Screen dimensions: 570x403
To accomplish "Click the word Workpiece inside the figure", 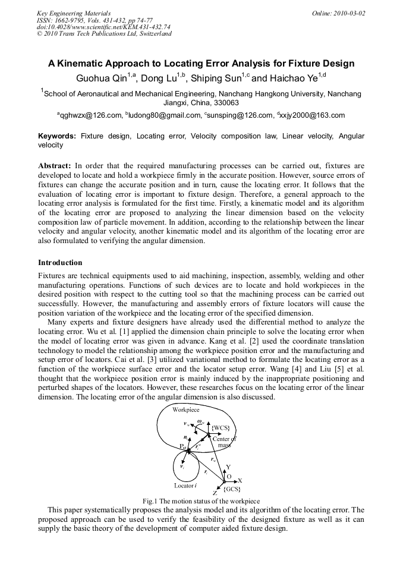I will coord(186,410).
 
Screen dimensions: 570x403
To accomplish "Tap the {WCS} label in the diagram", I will coord(221,428).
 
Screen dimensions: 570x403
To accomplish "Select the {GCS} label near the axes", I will coord(231,489).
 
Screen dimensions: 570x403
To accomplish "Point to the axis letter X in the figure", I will coord(240,480).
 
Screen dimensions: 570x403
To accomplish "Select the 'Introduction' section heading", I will coord(60,263).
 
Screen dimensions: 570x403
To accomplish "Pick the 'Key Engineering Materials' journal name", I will coord(74,13).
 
